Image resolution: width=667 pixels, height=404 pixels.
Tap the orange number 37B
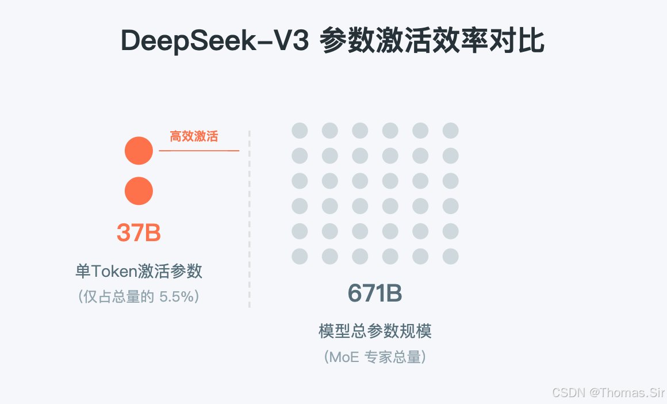coord(139,233)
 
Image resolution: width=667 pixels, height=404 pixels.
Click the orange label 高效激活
coord(194,136)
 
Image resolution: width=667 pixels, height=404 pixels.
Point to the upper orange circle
coord(139,151)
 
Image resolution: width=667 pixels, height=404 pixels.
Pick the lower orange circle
coord(139,191)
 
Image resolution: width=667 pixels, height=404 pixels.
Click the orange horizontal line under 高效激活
coord(199,150)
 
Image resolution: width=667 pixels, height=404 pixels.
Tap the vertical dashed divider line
coord(250,219)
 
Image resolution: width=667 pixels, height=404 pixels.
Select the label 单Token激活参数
coord(139,270)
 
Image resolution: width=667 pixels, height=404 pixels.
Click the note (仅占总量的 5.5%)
coord(139,297)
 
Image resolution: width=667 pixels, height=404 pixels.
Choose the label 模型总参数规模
coord(375,331)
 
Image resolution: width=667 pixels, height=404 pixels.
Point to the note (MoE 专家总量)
coord(375,357)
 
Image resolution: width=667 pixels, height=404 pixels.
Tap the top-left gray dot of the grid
coord(300,131)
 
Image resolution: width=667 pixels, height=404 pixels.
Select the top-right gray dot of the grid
coord(450,131)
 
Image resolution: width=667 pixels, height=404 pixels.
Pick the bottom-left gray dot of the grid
coord(300,256)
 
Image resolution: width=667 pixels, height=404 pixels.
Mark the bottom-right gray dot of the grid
coord(450,256)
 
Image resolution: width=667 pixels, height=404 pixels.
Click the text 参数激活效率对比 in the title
coord(432,41)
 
